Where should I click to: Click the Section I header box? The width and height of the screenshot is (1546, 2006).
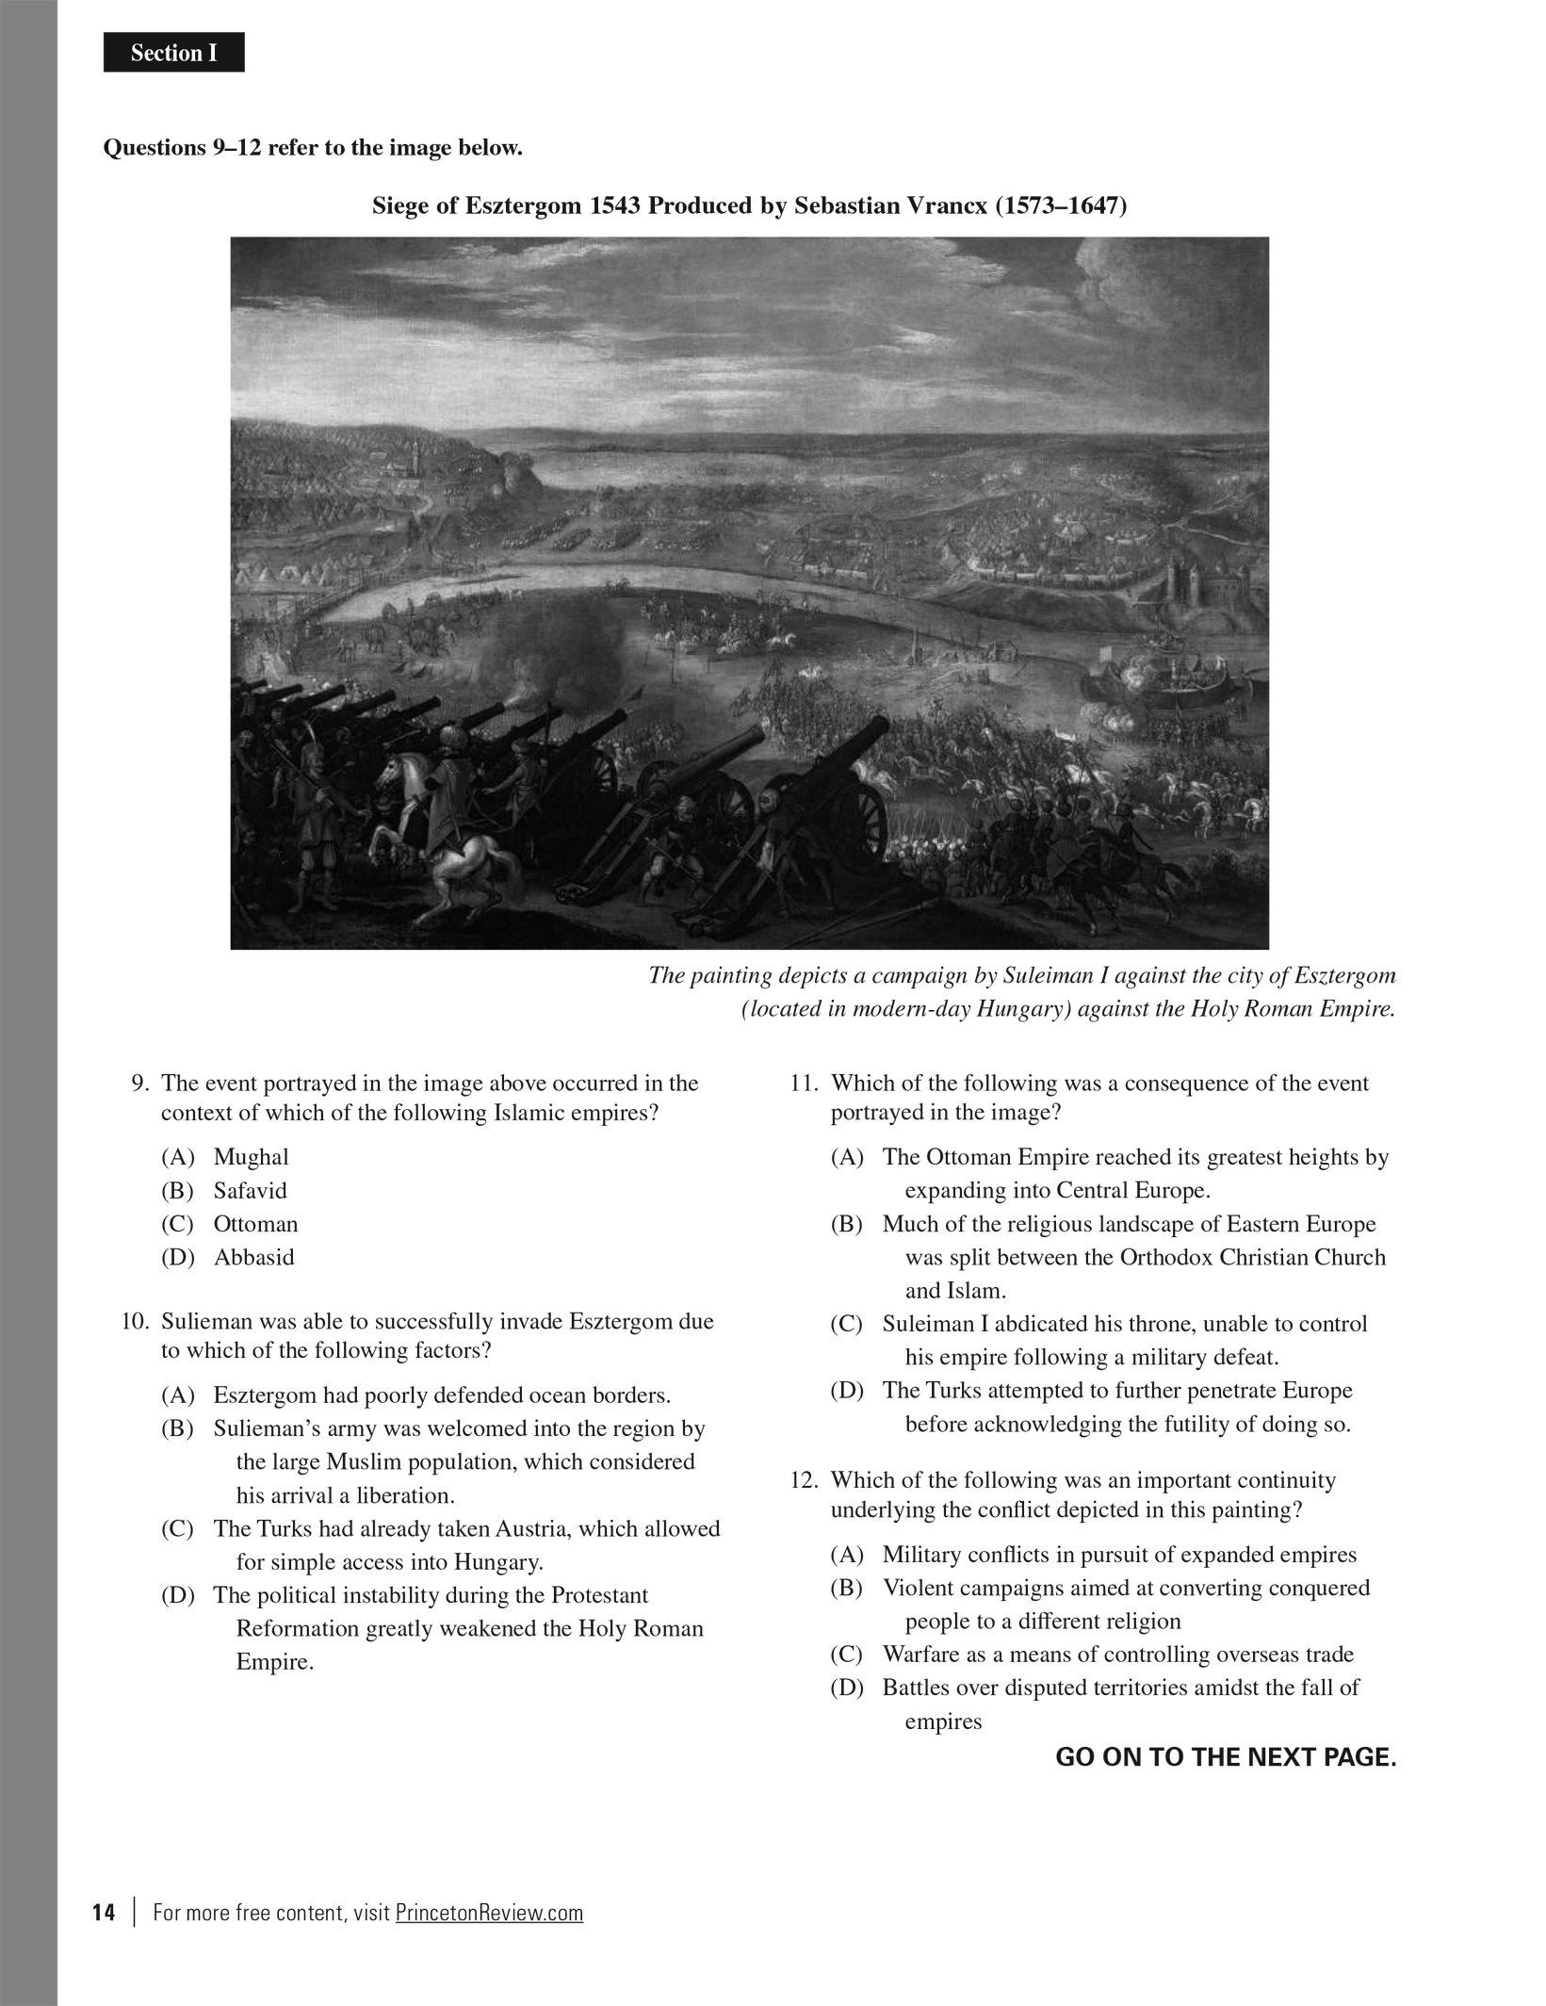[x=173, y=54]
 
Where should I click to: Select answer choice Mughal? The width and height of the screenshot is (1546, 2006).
[x=251, y=1157]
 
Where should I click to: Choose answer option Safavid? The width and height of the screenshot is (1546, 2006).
[x=250, y=1191]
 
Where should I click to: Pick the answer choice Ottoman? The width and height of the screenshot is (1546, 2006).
[x=255, y=1224]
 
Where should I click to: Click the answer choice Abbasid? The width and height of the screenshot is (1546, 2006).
[x=253, y=1258]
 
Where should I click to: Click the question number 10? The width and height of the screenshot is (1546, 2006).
[x=135, y=1321]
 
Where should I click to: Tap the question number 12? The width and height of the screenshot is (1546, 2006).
[x=804, y=1480]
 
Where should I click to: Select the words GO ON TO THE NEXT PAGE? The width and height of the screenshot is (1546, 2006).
[x=1225, y=1757]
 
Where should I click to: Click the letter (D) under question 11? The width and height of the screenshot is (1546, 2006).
[x=846, y=1391]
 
